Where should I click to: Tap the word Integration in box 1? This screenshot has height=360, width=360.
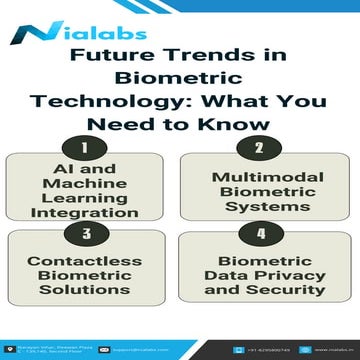pyautogui.click(x=91, y=211)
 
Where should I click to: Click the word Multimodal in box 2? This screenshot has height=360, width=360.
pyautogui.click(x=262, y=178)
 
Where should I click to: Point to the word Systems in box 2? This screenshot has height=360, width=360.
pyautogui.click(x=262, y=208)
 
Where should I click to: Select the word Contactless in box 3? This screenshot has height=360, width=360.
pyautogui.click(x=91, y=259)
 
